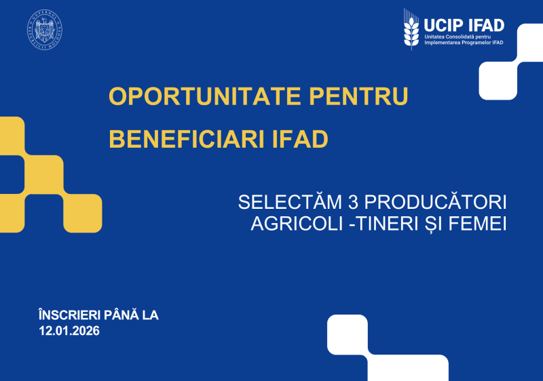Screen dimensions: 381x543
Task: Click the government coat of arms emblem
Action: click(45, 31)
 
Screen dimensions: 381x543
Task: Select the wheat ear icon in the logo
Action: click(411, 31)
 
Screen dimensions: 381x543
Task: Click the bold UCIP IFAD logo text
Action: click(464, 25)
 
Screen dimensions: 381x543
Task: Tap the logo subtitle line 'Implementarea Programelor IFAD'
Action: click(464, 43)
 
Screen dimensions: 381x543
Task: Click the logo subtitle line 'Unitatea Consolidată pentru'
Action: click(457, 36)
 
